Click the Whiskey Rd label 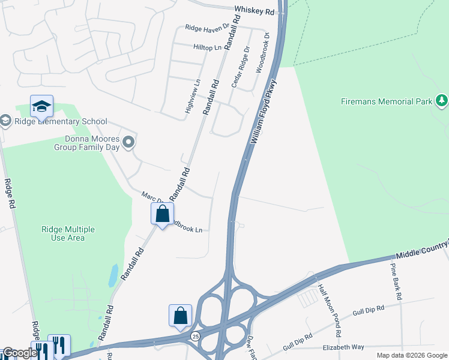click(254, 11)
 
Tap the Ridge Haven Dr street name click(208, 28)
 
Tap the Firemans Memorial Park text click(386, 101)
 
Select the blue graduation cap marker click(41, 106)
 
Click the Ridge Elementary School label click(61, 122)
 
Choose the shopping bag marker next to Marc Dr click(162, 214)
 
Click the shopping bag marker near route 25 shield click(180, 316)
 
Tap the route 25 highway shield click(196, 337)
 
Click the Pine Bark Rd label click(396, 281)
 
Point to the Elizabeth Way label click(343, 347)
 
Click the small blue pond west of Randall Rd click(113, 275)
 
